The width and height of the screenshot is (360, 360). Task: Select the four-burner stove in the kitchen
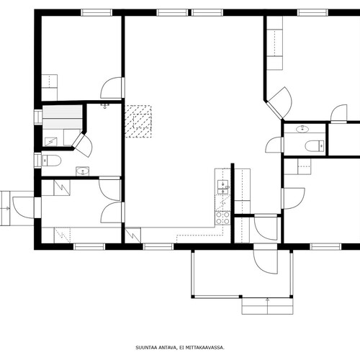pos(222,218)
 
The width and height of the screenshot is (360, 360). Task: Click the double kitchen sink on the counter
pos(223,187)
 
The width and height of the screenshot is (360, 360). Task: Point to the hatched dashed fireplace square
pos(138,121)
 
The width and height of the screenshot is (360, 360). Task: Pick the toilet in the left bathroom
pos(51,161)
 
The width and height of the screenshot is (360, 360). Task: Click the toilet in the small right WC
pos(315,145)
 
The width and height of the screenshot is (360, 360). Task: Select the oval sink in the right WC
pos(302,129)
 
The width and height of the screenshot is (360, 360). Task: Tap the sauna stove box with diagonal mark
pos(51,142)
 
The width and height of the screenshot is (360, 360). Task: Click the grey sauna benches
pos(63,117)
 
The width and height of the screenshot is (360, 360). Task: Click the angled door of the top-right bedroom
pos(279,104)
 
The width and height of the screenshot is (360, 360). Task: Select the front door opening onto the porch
pos(266,258)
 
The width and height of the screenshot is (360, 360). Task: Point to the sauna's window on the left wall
pos(37,117)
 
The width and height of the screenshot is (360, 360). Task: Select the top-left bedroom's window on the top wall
pos(96,12)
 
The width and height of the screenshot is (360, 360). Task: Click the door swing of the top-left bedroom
pos(112,88)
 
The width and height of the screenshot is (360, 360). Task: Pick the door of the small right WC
pos(274,145)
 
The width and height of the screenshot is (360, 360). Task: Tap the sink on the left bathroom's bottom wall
pos(82,171)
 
